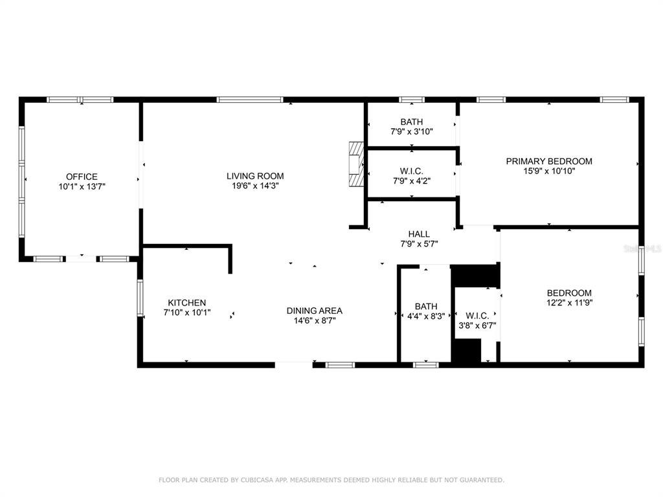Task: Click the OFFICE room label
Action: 82,177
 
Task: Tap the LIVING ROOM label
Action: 255,176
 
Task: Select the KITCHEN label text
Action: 187,303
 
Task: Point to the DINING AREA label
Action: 315,311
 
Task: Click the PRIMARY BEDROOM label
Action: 549,161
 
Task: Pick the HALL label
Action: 419,234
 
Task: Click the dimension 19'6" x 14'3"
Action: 255,186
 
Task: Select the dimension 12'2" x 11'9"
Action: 569,303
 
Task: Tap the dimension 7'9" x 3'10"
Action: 411,131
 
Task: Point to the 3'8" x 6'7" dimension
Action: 477,326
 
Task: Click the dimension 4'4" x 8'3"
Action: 426,316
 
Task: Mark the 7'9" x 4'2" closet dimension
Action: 411,181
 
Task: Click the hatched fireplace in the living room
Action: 356,164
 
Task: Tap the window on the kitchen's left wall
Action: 140,298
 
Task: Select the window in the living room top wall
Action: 249,100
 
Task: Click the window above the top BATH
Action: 411,100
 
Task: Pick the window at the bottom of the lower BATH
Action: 426,365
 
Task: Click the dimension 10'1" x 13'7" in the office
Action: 82,186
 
